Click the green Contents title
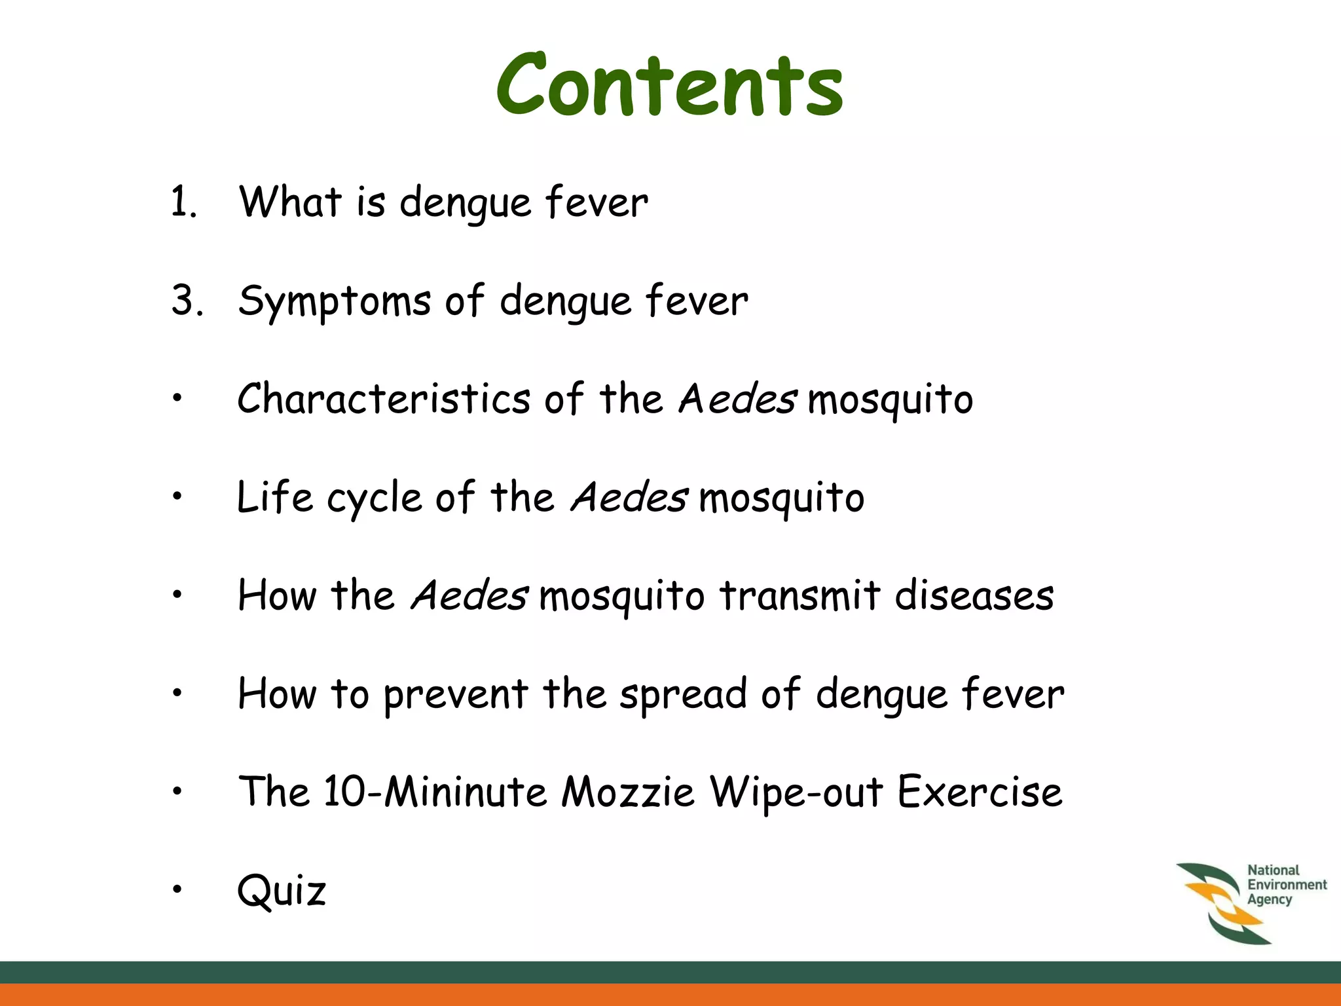[669, 85]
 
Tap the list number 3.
[185, 301]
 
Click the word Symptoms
[334, 301]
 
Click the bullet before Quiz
[176, 889]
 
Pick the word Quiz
[282, 891]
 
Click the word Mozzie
[627, 792]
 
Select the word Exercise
[979, 792]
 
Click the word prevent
[456, 696]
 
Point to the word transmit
[799, 595]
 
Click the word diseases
[974, 595]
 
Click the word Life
[274, 497]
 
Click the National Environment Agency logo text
[1285, 885]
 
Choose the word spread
[682, 696]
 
